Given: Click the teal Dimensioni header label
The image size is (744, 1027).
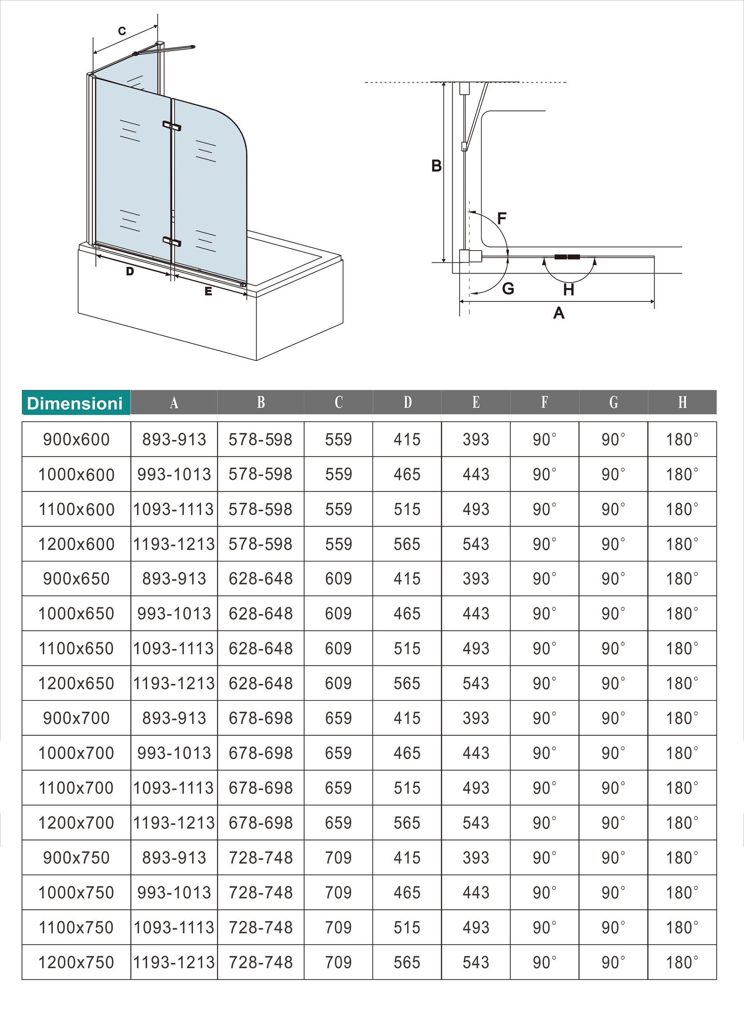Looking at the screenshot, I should (x=76, y=403).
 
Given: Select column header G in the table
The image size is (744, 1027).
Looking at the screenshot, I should (x=613, y=402).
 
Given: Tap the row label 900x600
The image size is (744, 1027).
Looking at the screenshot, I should (x=76, y=439).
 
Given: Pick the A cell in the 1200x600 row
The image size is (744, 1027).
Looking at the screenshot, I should (x=174, y=544).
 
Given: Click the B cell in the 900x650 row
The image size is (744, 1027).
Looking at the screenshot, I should (x=261, y=579).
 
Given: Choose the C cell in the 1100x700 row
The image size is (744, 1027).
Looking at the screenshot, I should (x=338, y=788).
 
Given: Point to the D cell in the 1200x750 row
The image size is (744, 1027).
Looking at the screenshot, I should (x=407, y=962).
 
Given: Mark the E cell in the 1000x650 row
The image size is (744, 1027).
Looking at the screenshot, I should (x=476, y=614).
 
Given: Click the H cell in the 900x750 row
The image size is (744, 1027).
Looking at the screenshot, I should (x=682, y=857).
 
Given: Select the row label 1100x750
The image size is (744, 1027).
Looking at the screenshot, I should (x=76, y=928).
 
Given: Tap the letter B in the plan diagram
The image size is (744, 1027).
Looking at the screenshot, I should (x=436, y=166).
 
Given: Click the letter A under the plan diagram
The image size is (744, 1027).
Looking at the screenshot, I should (x=559, y=313).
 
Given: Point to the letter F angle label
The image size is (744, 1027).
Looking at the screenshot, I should (x=502, y=219).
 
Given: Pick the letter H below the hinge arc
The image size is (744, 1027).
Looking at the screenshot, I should (x=569, y=289).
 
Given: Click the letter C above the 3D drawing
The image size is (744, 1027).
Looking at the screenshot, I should (x=122, y=31).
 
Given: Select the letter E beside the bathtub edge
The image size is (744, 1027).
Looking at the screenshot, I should (x=208, y=291).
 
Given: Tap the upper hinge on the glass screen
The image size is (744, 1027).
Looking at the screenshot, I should (x=172, y=126).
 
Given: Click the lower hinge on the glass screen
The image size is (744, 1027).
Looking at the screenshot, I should (x=172, y=241).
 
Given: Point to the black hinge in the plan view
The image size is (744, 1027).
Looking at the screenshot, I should (x=567, y=257).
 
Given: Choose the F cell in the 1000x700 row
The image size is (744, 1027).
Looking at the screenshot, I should (x=544, y=753).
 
